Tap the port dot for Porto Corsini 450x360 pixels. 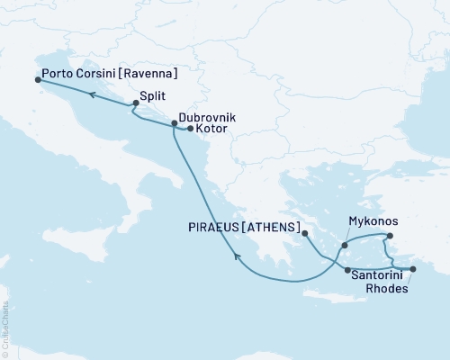click(38, 79)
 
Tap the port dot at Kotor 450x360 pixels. click(189, 130)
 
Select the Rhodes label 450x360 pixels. click(393, 289)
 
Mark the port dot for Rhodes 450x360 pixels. click(413, 269)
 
